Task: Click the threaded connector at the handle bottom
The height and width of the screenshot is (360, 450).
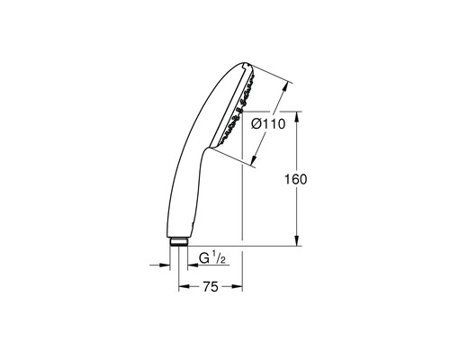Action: [179, 241]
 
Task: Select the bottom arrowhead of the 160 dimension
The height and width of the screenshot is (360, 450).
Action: [295, 242]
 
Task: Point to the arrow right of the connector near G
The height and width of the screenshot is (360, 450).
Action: [193, 265]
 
